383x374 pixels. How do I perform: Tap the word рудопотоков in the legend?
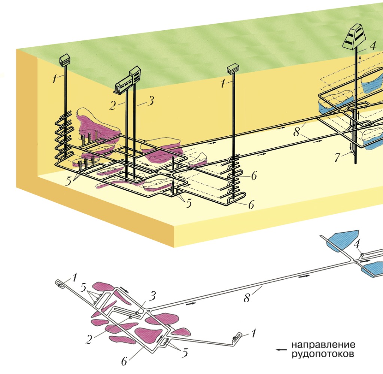[x=323, y=353]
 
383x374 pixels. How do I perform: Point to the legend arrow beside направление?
[x=280, y=349]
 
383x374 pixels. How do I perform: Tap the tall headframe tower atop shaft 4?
[x=356, y=36]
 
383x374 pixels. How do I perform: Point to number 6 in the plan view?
[x=125, y=361]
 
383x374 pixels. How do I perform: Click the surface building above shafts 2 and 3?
[x=129, y=79]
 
